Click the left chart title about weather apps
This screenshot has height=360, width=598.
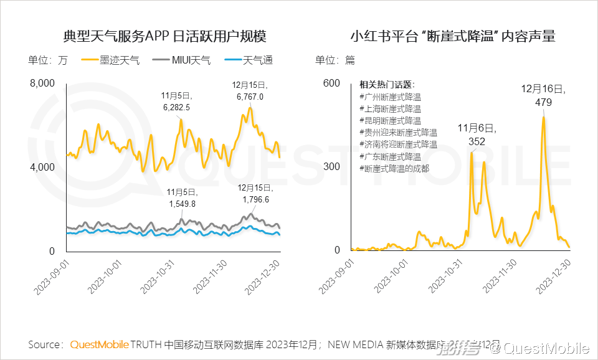coord(164,36)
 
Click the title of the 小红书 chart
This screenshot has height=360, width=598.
coord(453,36)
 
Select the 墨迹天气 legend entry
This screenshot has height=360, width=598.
coord(119,60)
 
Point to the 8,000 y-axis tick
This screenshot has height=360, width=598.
coord(43,83)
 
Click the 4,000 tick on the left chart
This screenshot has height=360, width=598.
coord(43,168)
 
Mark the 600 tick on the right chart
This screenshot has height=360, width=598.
coord(331,83)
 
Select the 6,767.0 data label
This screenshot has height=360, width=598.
coord(250,97)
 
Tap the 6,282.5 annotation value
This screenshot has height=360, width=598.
coord(176,107)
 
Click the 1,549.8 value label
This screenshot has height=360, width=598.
coord(182,204)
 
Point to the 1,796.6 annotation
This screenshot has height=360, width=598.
coord(254,199)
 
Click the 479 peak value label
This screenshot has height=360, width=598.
coord(543,102)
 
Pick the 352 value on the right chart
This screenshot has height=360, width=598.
coord(477,141)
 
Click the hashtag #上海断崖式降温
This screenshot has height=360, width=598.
coord(390,109)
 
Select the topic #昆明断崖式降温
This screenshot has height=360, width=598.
coord(390,121)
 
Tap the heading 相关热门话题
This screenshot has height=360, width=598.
coord(387,85)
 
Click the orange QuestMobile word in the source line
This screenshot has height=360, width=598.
coord(100,344)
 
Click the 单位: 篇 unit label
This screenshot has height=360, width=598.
coord(335,60)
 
